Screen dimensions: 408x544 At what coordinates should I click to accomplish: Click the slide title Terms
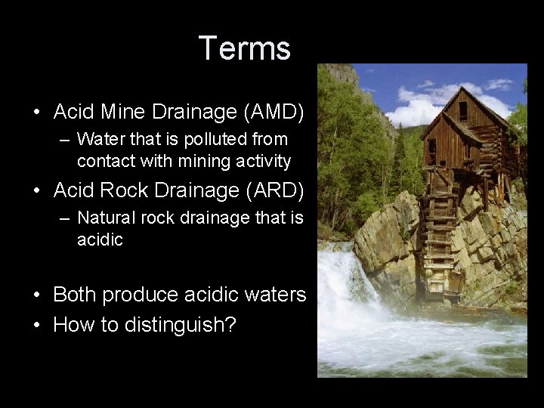(x=245, y=49)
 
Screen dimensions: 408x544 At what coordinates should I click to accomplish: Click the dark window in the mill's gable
(x=462, y=111)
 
